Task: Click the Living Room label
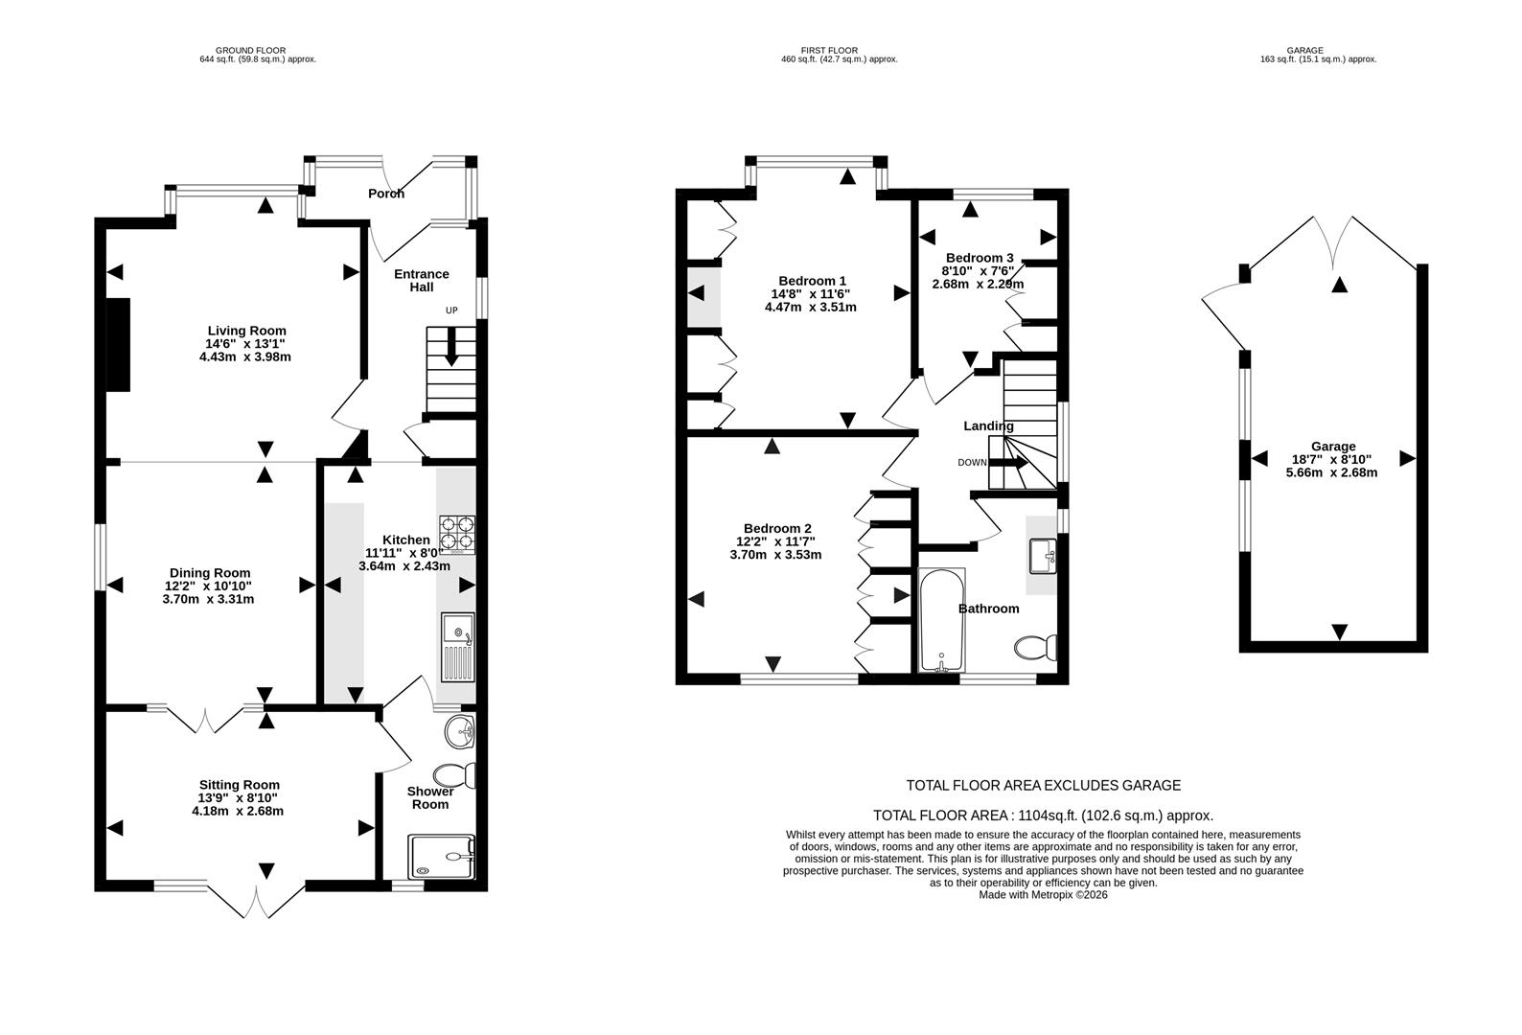coord(246,331)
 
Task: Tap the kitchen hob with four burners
coord(457,535)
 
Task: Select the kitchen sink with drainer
coord(458,647)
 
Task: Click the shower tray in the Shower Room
coord(441,856)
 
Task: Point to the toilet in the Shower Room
coord(454,775)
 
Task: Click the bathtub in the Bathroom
coord(942,620)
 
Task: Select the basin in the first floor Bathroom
coord(1043,556)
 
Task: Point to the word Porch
coord(386,194)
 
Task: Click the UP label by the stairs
coord(451,310)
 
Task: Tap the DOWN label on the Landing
coord(972,463)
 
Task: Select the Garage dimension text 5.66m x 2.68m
coord(1332,472)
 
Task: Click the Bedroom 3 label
coord(980,258)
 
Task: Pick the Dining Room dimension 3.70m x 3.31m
coord(208,599)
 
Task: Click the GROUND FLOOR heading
coord(251,50)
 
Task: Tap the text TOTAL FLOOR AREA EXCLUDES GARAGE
coord(1044,786)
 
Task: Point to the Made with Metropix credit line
coord(1043,895)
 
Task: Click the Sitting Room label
coord(240,785)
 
